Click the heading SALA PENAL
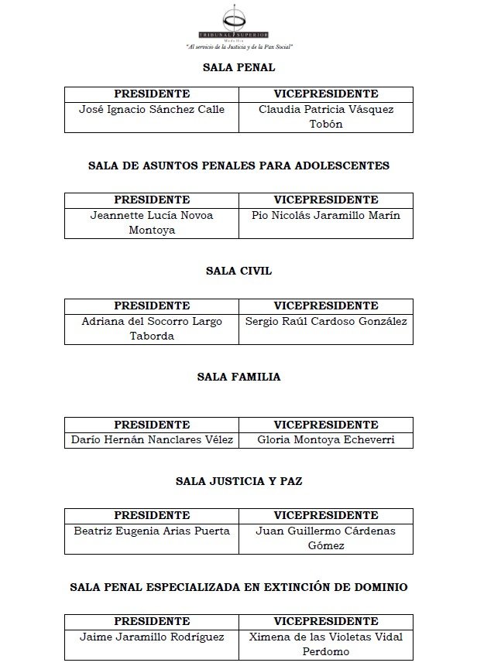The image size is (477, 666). pyautogui.click(x=238, y=67)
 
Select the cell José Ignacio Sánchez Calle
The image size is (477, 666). pyautogui.click(x=152, y=110)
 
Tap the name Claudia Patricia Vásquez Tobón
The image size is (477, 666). pyautogui.click(x=325, y=117)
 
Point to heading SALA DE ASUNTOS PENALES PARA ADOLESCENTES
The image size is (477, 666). pyautogui.click(x=238, y=166)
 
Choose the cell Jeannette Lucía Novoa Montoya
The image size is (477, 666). pyautogui.click(x=152, y=222)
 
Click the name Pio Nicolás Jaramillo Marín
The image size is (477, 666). pyautogui.click(x=325, y=215)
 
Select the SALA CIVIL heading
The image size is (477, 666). pyautogui.click(x=238, y=271)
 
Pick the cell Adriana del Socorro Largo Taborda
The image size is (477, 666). pyautogui.click(x=152, y=328)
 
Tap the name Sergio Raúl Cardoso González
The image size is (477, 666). pyautogui.click(x=325, y=321)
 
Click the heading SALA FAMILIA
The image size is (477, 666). pyautogui.click(x=238, y=377)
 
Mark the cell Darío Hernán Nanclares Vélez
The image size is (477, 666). pyautogui.click(x=152, y=440)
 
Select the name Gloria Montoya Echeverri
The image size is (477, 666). pyautogui.click(x=325, y=440)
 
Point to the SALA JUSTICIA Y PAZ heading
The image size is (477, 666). pyautogui.click(x=238, y=481)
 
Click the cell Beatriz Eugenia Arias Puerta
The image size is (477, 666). pyautogui.click(x=152, y=531)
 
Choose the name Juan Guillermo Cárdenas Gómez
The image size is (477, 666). pyautogui.click(x=325, y=538)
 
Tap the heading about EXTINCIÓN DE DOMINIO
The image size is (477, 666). pyautogui.click(x=238, y=587)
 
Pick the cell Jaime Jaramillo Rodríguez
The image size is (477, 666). pyautogui.click(x=152, y=637)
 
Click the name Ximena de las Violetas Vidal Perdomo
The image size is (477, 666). pyautogui.click(x=325, y=644)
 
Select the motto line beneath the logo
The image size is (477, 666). pyautogui.click(x=238, y=47)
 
